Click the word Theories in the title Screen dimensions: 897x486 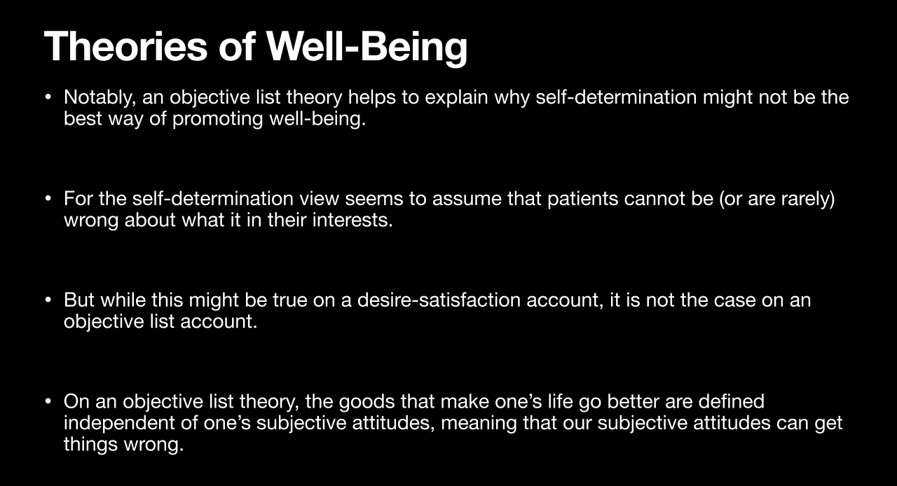tap(125, 46)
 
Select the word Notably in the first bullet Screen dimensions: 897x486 tap(100, 97)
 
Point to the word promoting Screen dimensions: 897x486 tap(217, 119)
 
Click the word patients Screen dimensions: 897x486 tap(582, 199)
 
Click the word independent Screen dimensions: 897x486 tap(119, 424)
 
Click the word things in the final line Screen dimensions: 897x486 tap(90, 445)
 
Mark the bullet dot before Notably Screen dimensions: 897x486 tap(48, 97)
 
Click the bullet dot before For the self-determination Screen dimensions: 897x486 tap(48, 199)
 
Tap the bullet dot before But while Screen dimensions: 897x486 tap(48, 300)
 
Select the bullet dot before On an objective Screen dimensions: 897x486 tap(48, 401)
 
